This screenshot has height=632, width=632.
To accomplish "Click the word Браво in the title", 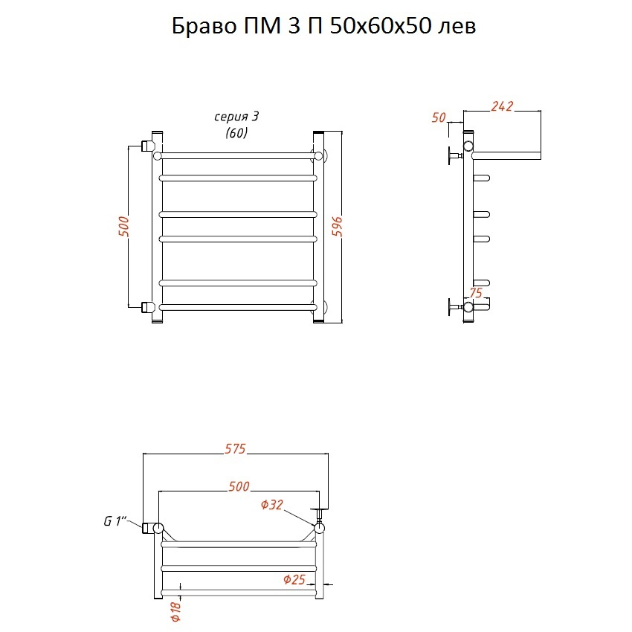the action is (x=204, y=27).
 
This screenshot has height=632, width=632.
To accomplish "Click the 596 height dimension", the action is (x=338, y=227).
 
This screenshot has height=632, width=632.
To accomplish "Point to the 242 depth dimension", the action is (x=502, y=106).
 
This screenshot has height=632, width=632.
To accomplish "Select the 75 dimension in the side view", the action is (x=476, y=293).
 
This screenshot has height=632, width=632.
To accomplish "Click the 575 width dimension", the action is (x=235, y=448).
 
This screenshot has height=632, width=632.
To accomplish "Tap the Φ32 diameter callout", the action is (x=271, y=504).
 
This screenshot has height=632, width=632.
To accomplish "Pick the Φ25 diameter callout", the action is (x=294, y=580).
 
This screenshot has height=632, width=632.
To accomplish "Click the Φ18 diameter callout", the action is (x=176, y=611).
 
